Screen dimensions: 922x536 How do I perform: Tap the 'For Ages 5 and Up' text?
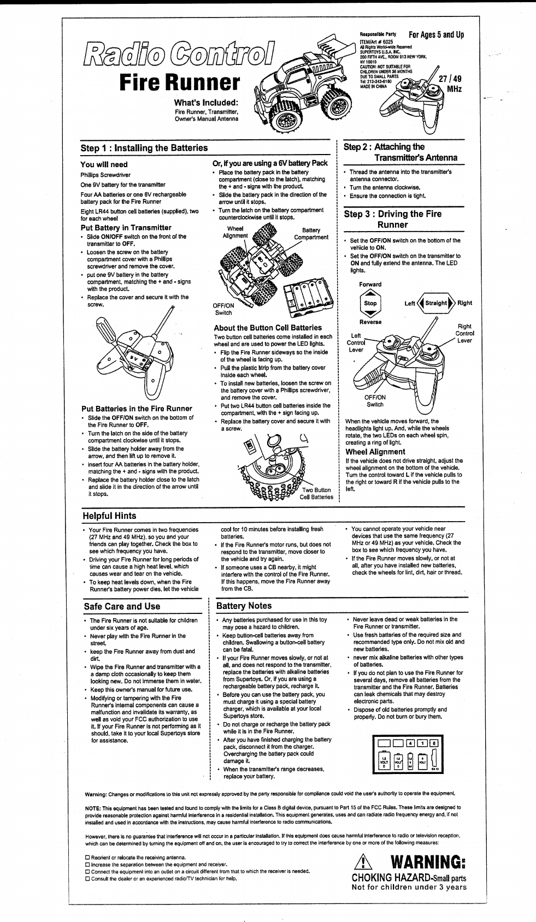coord(436,35)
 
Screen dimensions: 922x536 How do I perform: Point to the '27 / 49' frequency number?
coord(450,79)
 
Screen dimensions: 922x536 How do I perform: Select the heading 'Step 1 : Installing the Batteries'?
coord(144,148)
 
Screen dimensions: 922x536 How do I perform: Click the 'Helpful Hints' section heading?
coord(109,516)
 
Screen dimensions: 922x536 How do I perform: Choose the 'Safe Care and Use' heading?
coord(122,606)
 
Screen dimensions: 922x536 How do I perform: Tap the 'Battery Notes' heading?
coord(244,606)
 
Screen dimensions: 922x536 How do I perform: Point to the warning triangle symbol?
coord(364,862)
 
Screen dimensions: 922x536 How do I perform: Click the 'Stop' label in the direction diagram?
coord(370,303)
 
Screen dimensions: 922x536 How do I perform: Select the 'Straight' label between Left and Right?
coord(436,303)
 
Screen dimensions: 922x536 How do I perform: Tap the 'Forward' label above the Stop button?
coord(370,285)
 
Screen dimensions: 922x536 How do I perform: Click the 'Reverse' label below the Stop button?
coord(370,322)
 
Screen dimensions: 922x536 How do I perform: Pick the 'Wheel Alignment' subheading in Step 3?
coord(375,452)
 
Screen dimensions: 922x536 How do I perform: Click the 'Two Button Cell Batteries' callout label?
coord(316,494)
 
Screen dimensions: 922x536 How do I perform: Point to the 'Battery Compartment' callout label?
coord(311,234)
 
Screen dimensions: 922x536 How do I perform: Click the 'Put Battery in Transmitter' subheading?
coord(126,228)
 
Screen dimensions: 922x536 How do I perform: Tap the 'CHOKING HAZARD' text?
coord(390,878)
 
